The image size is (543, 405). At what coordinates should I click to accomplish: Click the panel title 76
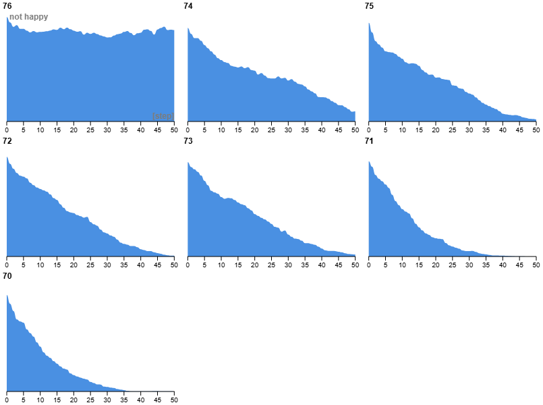(7, 6)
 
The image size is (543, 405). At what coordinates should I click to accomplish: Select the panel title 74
(188, 6)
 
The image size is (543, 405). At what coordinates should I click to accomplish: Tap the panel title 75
(369, 6)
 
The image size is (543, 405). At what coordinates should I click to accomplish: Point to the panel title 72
(7, 141)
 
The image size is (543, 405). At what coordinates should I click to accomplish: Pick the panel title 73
(188, 141)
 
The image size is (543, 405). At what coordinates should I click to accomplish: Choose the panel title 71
(369, 141)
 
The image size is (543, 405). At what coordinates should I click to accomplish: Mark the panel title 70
(7, 276)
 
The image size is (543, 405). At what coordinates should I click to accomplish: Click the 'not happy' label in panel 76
(28, 17)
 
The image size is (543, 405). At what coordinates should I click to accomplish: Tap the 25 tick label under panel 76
(90, 130)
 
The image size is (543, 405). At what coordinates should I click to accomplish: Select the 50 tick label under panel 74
(355, 130)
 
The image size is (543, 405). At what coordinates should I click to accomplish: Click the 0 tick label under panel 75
(369, 130)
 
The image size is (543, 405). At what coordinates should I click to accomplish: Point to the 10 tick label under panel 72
(40, 265)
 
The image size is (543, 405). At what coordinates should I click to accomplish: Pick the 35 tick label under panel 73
(305, 265)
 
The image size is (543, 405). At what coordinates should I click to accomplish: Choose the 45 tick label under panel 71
(519, 265)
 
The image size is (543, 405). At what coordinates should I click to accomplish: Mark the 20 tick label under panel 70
(74, 400)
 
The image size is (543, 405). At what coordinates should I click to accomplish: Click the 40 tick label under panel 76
(140, 130)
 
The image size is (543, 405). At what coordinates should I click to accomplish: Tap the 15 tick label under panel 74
(238, 130)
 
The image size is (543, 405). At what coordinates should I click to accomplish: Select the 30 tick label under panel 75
(469, 130)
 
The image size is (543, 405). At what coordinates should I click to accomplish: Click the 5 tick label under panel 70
(24, 400)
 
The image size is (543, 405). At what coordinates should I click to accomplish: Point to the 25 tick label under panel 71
(453, 265)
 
